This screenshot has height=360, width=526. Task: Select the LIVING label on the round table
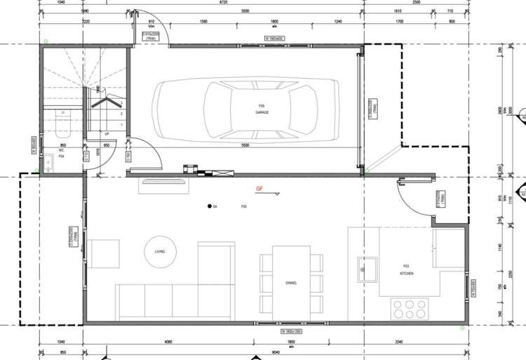pyautogui.click(x=159, y=252)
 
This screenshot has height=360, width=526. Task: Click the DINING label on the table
pyautogui.click(x=290, y=283)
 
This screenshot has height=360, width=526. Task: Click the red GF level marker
pyautogui.click(x=259, y=189)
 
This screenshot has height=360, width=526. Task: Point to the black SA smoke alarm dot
pyautogui.click(x=210, y=206)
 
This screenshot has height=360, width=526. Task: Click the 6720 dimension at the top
pyautogui.click(x=224, y=3)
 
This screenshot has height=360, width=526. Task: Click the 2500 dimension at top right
pyautogui.click(x=436, y=3)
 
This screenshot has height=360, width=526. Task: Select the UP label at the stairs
pyautogui.click(x=107, y=133)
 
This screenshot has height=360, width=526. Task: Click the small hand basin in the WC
pyautogui.click(x=48, y=163)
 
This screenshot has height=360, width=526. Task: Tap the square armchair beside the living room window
pyautogui.click(x=105, y=252)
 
